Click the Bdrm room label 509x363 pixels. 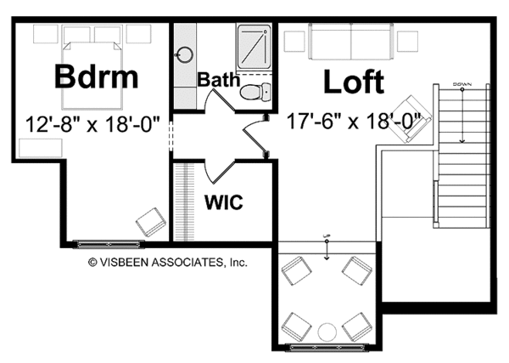pyautogui.click(x=96, y=77)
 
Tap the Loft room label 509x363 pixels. pyautogui.click(x=353, y=82)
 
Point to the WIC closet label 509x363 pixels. pyautogui.click(x=224, y=203)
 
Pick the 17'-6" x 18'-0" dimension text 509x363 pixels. pyautogui.click(x=355, y=122)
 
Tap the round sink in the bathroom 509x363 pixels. pyautogui.click(x=185, y=54)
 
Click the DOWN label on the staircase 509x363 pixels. pyautogui.click(x=462, y=84)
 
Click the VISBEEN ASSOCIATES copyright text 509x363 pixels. pyautogui.click(x=168, y=264)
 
